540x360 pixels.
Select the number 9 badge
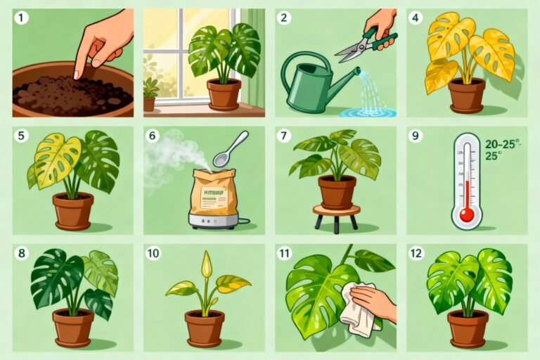(416, 136)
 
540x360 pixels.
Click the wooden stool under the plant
(336, 214)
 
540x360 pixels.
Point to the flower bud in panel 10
(206, 265)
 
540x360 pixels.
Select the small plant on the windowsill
(150, 91)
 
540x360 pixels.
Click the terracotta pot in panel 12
(467, 326)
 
